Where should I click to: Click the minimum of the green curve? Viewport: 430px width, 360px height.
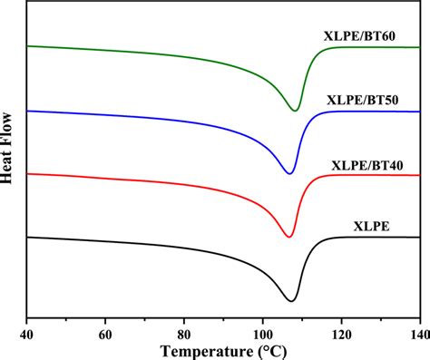coord(296,111)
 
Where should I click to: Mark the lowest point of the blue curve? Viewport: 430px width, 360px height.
coord(290,173)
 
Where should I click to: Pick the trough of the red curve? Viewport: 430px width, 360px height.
coord(289,237)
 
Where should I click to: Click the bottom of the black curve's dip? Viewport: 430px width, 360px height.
coord(291,301)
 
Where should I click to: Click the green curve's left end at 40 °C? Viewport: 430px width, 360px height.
coord(28,45)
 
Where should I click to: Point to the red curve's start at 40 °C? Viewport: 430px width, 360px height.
coord(28,173)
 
